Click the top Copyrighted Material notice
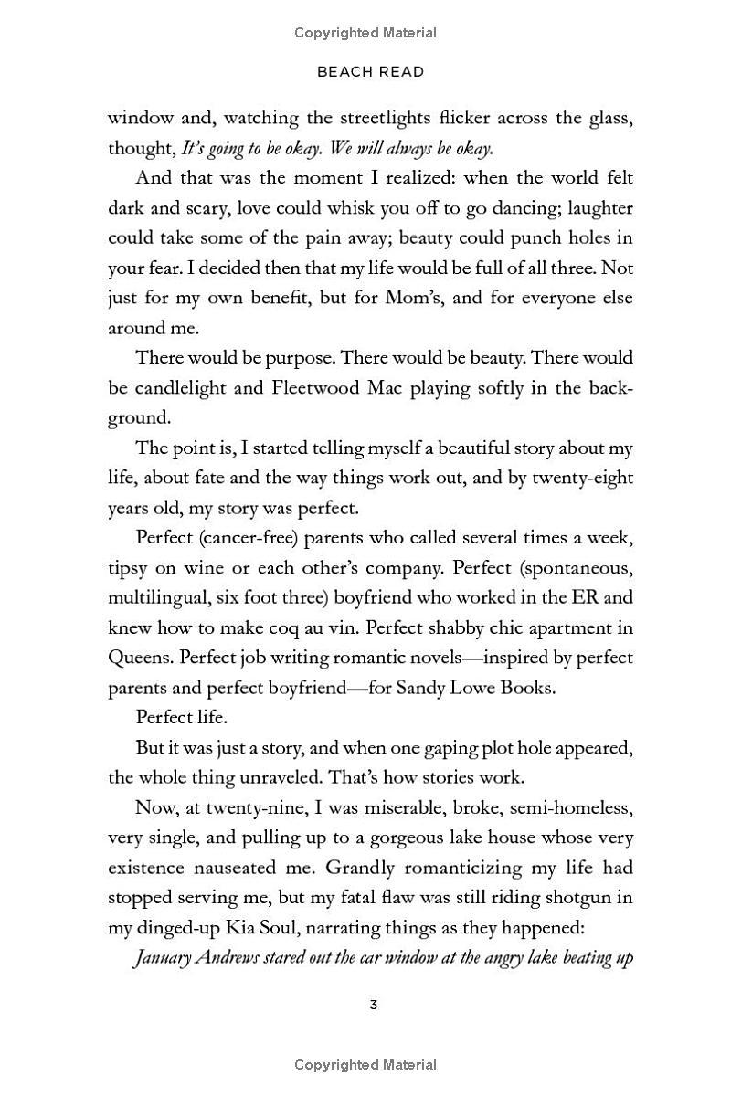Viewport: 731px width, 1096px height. (x=365, y=33)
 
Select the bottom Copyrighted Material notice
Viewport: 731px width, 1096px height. (x=365, y=1065)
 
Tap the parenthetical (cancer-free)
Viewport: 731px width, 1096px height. (x=247, y=538)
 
